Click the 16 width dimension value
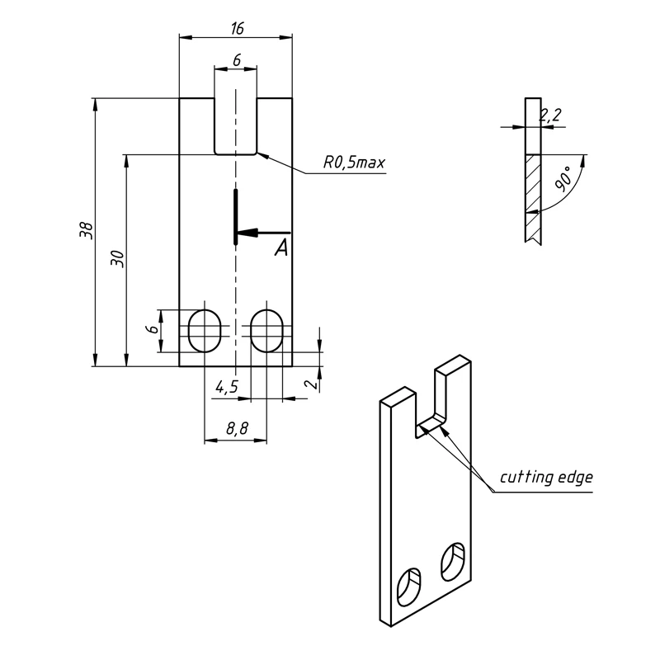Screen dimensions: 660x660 point(237,29)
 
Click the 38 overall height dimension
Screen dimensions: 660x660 point(85,232)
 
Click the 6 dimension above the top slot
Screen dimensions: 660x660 point(237,60)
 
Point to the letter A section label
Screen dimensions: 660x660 point(281,247)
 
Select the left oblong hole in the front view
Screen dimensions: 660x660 point(205,330)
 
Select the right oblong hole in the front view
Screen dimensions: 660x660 point(266,330)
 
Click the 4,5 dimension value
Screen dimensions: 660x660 point(227,386)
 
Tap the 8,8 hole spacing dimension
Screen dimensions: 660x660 point(236,429)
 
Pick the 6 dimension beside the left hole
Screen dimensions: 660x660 point(152,329)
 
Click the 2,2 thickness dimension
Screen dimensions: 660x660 point(550,115)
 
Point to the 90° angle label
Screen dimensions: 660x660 point(563,179)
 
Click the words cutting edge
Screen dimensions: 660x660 point(546,478)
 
